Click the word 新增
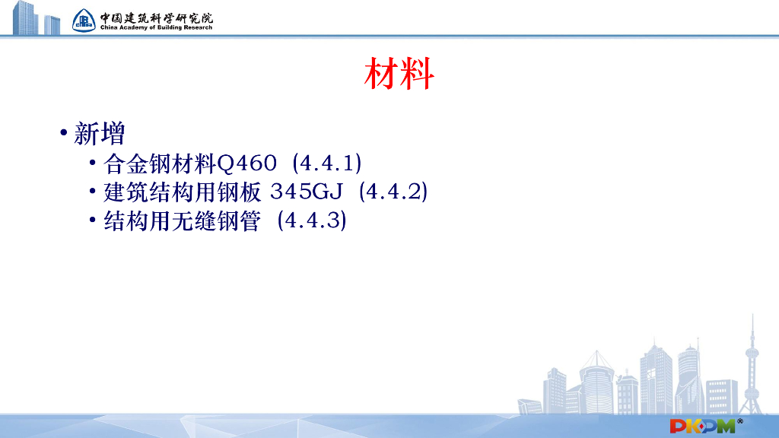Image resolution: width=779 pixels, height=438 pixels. (100, 135)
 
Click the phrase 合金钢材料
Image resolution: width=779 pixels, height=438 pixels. (161, 163)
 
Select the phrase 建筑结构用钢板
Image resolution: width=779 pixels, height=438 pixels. (183, 192)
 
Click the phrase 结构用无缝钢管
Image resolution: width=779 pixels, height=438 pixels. (183, 221)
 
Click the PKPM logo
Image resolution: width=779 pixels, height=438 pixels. (701, 426)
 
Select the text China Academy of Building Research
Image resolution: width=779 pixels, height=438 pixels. (156, 27)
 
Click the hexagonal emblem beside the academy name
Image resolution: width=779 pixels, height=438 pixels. (84, 20)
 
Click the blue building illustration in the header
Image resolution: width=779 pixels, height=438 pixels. (34, 18)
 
